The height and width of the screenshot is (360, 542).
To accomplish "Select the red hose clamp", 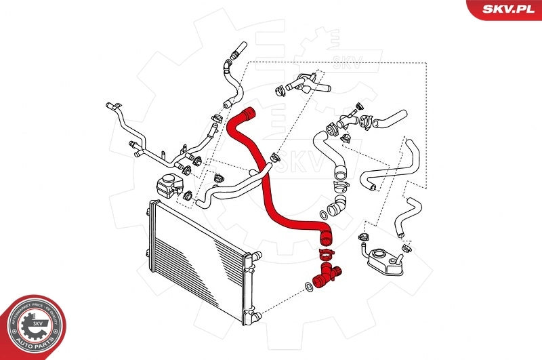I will [x=325, y=254].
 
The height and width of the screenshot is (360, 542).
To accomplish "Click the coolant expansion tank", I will [x=166, y=183].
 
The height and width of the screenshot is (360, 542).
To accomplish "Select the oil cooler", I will [x=384, y=260].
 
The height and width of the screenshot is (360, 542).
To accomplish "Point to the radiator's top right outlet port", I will [x=255, y=256].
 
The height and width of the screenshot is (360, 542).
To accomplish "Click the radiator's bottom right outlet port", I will [x=255, y=314].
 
